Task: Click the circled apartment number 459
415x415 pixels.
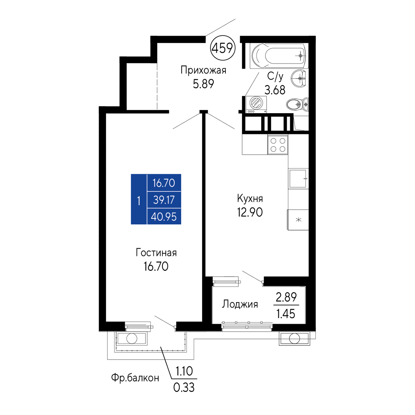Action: coord(223,48)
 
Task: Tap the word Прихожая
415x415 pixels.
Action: coord(203,70)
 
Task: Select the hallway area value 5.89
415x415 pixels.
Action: coord(203,84)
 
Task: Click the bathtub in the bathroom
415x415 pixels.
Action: coord(279,56)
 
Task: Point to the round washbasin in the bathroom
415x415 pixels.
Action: coord(299,78)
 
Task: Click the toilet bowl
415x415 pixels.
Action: coord(297,104)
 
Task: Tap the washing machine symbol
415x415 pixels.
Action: coord(256,104)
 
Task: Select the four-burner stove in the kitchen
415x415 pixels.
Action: coord(278,145)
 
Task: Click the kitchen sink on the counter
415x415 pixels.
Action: coord(298,179)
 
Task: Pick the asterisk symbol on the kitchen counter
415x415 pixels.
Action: coord(298,220)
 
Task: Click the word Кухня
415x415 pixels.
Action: coord(250,198)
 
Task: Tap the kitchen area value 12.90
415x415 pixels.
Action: coord(250,212)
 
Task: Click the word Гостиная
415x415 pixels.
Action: coord(156,253)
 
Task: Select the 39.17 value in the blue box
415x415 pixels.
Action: coord(164,200)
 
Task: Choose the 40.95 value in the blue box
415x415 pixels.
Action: coord(164,217)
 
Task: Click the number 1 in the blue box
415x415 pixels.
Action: coord(139,201)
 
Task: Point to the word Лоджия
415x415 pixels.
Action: coord(240,304)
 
